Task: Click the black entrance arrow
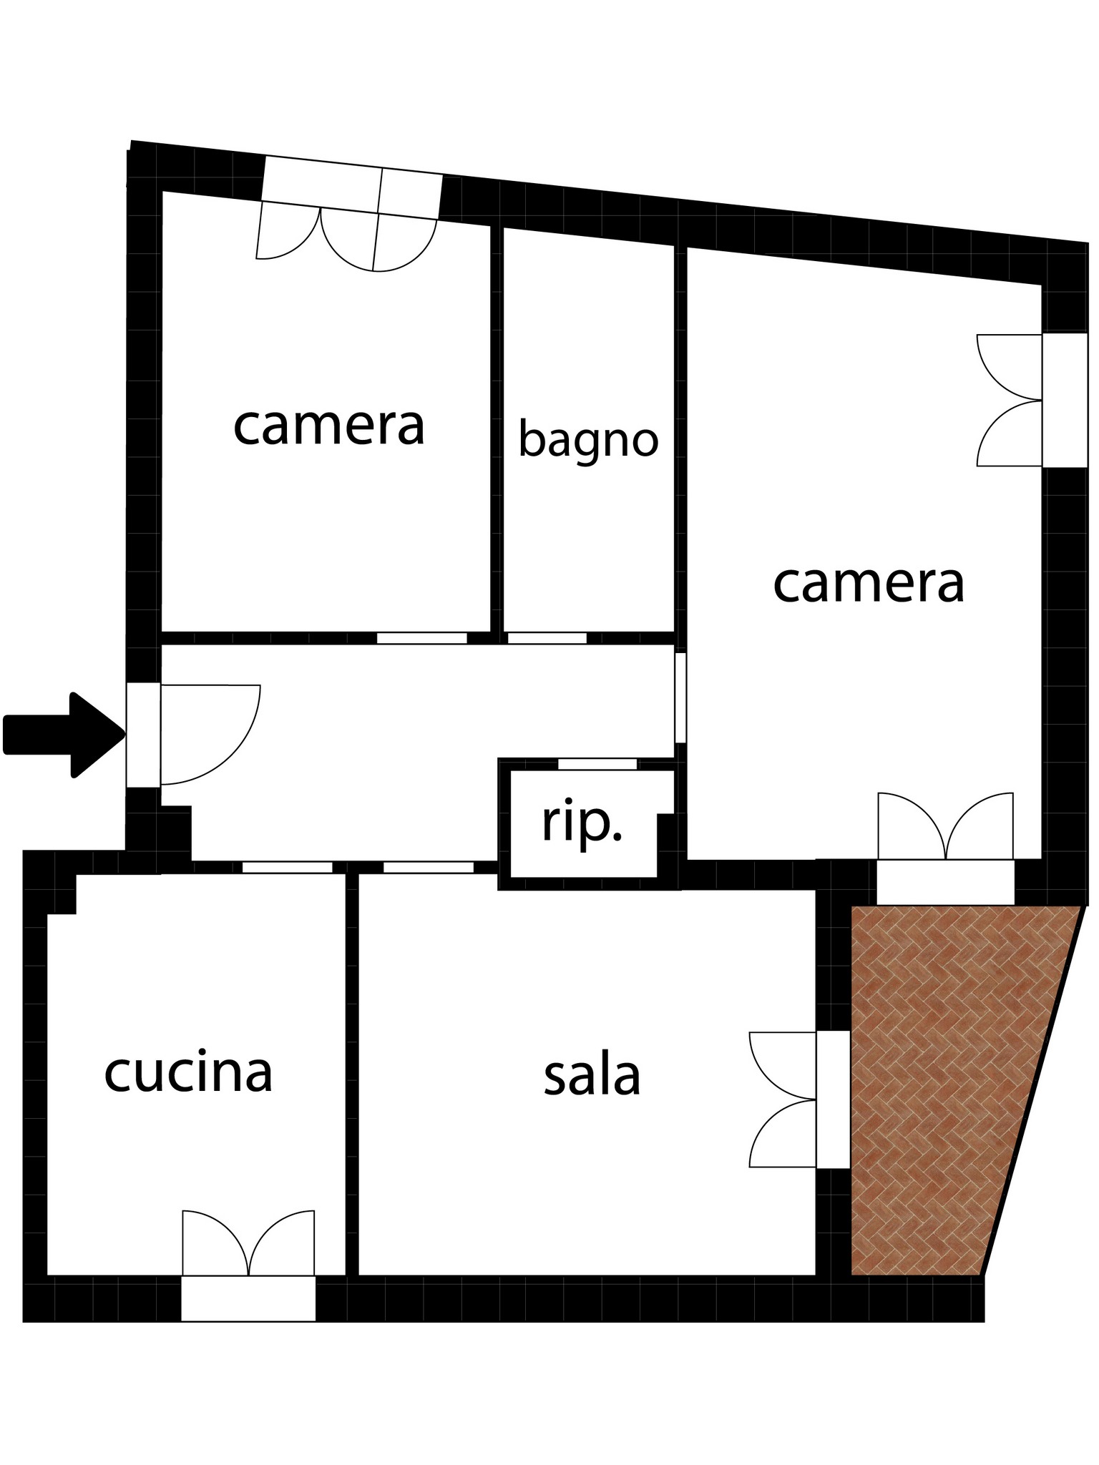click(64, 735)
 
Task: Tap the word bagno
click(588, 441)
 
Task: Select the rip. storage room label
click(582, 823)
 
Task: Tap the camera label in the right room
click(869, 583)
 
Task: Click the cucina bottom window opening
click(248, 1298)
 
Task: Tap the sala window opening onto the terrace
click(833, 1099)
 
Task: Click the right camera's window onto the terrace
click(945, 882)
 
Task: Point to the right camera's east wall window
click(1065, 400)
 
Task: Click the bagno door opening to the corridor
click(547, 638)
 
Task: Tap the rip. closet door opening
click(597, 764)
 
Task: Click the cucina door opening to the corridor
click(288, 867)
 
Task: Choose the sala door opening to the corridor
click(429, 867)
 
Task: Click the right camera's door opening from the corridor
click(680, 697)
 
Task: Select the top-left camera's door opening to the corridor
click(422, 638)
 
